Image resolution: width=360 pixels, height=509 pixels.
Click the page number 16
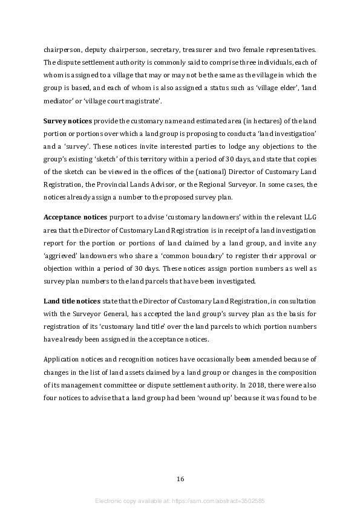tap(180, 479)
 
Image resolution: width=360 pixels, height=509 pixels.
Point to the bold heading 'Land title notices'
tap(72, 301)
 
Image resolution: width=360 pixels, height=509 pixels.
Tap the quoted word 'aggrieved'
tap(60, 256)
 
